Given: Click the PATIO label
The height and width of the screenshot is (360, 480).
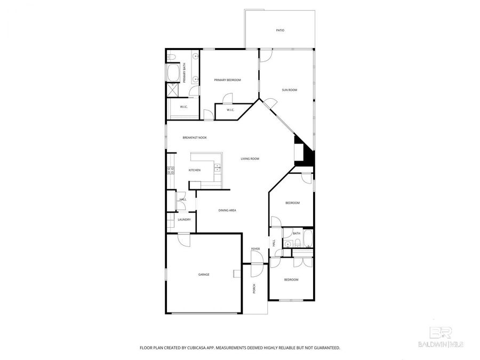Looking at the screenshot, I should point(280,30).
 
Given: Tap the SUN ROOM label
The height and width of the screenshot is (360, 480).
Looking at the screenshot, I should point(289,90).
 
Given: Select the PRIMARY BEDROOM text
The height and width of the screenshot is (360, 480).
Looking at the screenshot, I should point(227,80).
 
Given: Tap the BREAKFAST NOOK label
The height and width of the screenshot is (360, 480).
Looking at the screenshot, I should point(195,138).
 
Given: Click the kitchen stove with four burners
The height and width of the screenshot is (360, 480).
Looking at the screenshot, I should point(171,171).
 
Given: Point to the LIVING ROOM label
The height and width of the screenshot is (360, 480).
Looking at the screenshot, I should point(250,158).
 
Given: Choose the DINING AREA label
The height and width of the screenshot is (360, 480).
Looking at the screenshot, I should point(227,210).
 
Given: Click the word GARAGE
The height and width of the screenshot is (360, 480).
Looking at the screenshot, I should point(204,274).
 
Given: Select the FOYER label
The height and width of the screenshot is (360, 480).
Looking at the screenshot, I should point(255,249).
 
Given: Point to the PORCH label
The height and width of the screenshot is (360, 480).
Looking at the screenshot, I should point(254,289).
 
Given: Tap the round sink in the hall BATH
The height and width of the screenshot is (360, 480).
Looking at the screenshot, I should point(288,244).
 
